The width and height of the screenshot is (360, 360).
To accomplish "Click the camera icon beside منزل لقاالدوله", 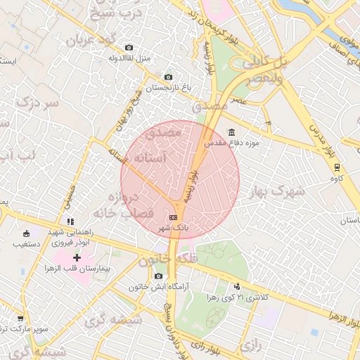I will (128, 48).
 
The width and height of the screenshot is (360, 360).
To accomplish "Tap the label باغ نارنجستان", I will (168, 87).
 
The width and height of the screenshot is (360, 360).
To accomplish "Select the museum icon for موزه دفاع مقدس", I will (232, 133).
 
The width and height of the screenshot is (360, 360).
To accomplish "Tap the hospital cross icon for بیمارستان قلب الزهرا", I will (77, 258).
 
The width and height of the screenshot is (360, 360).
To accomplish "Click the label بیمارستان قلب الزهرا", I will (67, 269).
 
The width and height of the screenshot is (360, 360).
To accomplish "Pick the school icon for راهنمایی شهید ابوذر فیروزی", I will (70, 221).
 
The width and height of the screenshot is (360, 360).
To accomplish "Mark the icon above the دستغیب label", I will (27, 233).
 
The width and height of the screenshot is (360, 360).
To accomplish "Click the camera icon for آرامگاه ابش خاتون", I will (158, 276).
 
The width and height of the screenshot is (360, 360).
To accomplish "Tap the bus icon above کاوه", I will (337, 167).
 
